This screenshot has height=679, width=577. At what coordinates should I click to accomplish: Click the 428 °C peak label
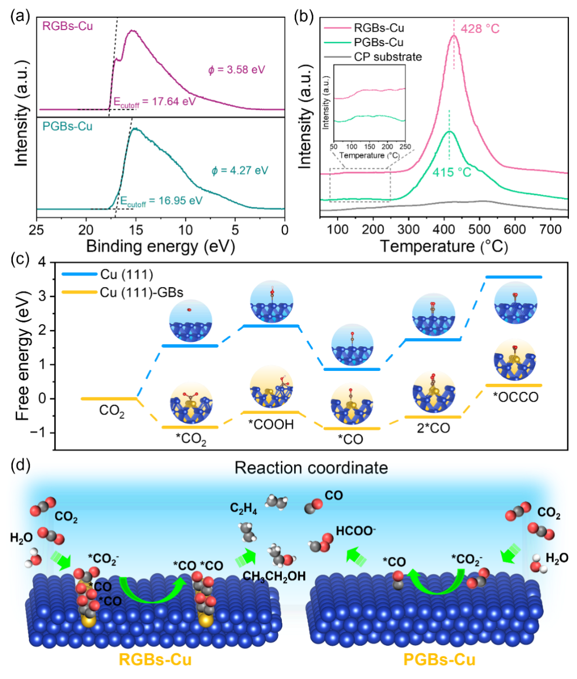pos(480,28)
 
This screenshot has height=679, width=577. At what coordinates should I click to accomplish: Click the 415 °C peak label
pos(452,173)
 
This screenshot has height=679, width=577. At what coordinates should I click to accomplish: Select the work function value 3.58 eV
pos(237,69)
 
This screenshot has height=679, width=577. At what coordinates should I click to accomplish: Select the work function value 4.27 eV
pos(240,170)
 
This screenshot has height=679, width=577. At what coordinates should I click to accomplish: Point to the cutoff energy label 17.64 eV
pos(154,101)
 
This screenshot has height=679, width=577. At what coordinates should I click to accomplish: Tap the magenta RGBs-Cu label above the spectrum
pos(68,26)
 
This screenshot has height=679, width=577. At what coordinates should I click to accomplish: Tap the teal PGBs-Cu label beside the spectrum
pos(67,126)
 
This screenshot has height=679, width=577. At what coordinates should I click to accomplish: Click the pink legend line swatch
pos(338,27)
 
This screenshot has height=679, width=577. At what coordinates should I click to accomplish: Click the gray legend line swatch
pos(338,56)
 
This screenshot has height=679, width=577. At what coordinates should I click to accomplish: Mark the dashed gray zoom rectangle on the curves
pos(360,185)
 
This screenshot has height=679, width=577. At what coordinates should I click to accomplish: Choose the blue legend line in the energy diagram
pos(80,274)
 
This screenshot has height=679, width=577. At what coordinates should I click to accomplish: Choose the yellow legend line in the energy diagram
pos(80,292)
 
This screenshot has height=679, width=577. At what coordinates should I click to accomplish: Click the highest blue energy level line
pos(514,277)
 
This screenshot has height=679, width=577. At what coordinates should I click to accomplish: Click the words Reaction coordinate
pos(311,468)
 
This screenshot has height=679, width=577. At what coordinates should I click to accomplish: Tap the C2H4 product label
pos(244,508)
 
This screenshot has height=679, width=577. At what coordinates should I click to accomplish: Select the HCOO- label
pos(356,531)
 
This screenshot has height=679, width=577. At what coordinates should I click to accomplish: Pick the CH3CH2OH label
pos(274,576)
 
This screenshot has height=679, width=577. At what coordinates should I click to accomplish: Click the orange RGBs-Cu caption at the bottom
pos(155,660)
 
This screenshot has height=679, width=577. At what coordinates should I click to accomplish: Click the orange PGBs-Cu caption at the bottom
pos(439,660)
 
